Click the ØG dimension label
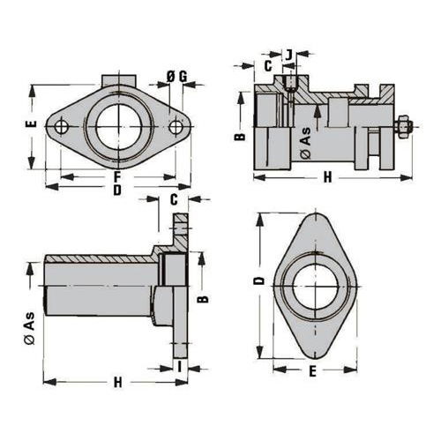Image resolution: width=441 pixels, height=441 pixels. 176,77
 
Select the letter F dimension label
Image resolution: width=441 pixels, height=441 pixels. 117,177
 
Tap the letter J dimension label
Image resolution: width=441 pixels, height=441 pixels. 289,55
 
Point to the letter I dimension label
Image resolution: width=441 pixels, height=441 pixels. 180,368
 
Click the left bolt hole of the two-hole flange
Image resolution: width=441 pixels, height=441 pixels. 62,126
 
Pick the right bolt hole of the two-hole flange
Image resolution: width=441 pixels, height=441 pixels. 176,126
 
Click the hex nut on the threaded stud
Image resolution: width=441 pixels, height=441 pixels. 402,127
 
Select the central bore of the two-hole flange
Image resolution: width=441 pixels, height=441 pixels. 118,127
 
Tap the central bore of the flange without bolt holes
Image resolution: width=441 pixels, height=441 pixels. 315,286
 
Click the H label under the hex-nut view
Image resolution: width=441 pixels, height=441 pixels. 327,177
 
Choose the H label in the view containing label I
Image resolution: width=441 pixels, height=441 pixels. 117,383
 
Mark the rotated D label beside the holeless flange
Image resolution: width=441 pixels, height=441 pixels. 259,281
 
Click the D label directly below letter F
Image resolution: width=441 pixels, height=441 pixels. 117,191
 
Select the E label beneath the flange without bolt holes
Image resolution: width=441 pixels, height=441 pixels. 313,371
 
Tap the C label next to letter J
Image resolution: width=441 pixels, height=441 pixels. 268,66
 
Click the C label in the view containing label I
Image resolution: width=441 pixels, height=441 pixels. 174,200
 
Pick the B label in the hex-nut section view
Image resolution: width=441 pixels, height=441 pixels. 241,137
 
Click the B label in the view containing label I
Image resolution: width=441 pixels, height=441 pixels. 203,299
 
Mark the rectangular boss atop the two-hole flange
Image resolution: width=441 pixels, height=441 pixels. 119,80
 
